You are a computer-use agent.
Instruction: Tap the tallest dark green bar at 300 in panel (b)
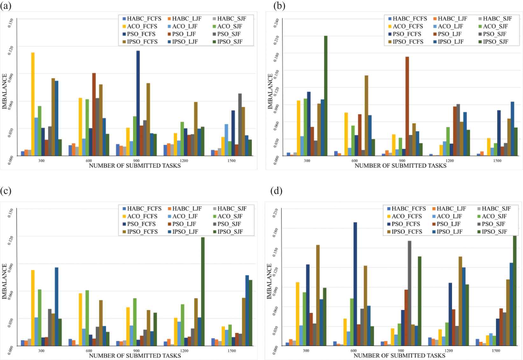[x=326, y=96]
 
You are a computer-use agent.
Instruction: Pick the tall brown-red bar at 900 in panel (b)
[x=407, y=106]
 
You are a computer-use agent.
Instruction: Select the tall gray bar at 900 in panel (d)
[x=409, y=293]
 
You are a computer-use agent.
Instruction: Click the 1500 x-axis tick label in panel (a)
[x=232, y=161]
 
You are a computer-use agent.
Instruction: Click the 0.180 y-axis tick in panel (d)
[x=276, y=229]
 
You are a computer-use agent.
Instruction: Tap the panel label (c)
[x=6, y=191]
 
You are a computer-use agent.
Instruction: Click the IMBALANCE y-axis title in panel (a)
[x=4, y=91]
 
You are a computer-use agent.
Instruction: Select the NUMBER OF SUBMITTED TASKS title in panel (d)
[x=399, y=356]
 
